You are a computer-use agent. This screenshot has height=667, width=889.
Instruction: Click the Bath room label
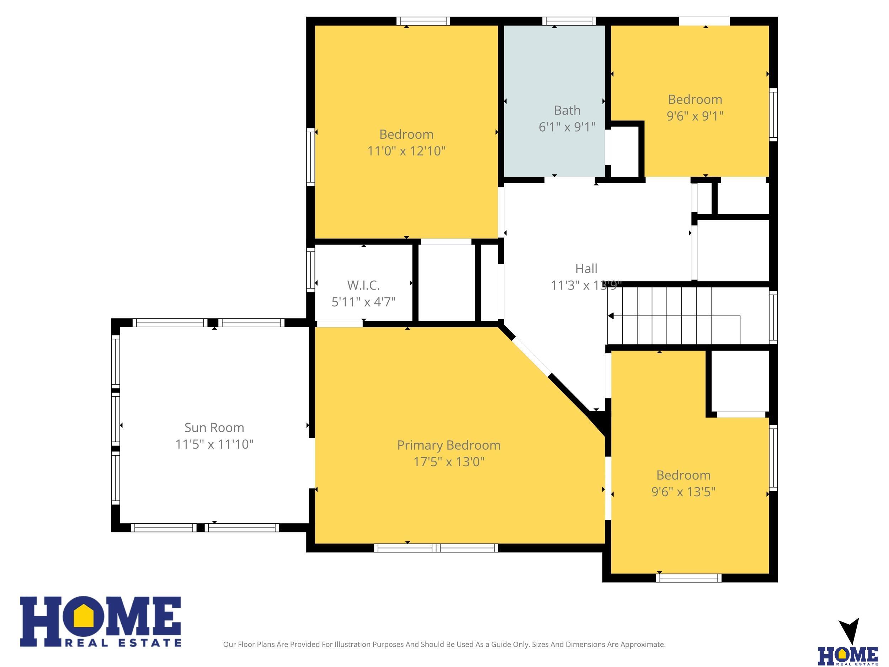567,110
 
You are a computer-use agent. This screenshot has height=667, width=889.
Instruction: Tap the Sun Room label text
214,427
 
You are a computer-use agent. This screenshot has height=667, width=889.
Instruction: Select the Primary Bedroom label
449,445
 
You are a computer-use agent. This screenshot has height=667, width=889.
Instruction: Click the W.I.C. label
363,285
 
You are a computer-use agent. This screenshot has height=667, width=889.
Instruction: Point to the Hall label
586,269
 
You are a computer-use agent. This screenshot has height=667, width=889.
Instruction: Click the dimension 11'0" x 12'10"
406,151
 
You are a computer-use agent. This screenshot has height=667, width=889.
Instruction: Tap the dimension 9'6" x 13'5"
683,492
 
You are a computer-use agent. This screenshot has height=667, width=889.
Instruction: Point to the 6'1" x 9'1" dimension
567,127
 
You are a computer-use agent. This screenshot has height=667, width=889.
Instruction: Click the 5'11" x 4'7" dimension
363,302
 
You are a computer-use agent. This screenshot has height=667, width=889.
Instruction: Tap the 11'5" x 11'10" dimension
214,444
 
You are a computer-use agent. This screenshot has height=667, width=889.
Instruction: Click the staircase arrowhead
611,316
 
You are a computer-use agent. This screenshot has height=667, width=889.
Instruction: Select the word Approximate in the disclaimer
643,645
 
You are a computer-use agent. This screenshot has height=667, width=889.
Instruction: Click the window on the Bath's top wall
569,21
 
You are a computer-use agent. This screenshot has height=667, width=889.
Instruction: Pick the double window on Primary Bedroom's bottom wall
436,547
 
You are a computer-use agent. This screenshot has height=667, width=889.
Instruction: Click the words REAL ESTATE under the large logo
123,643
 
